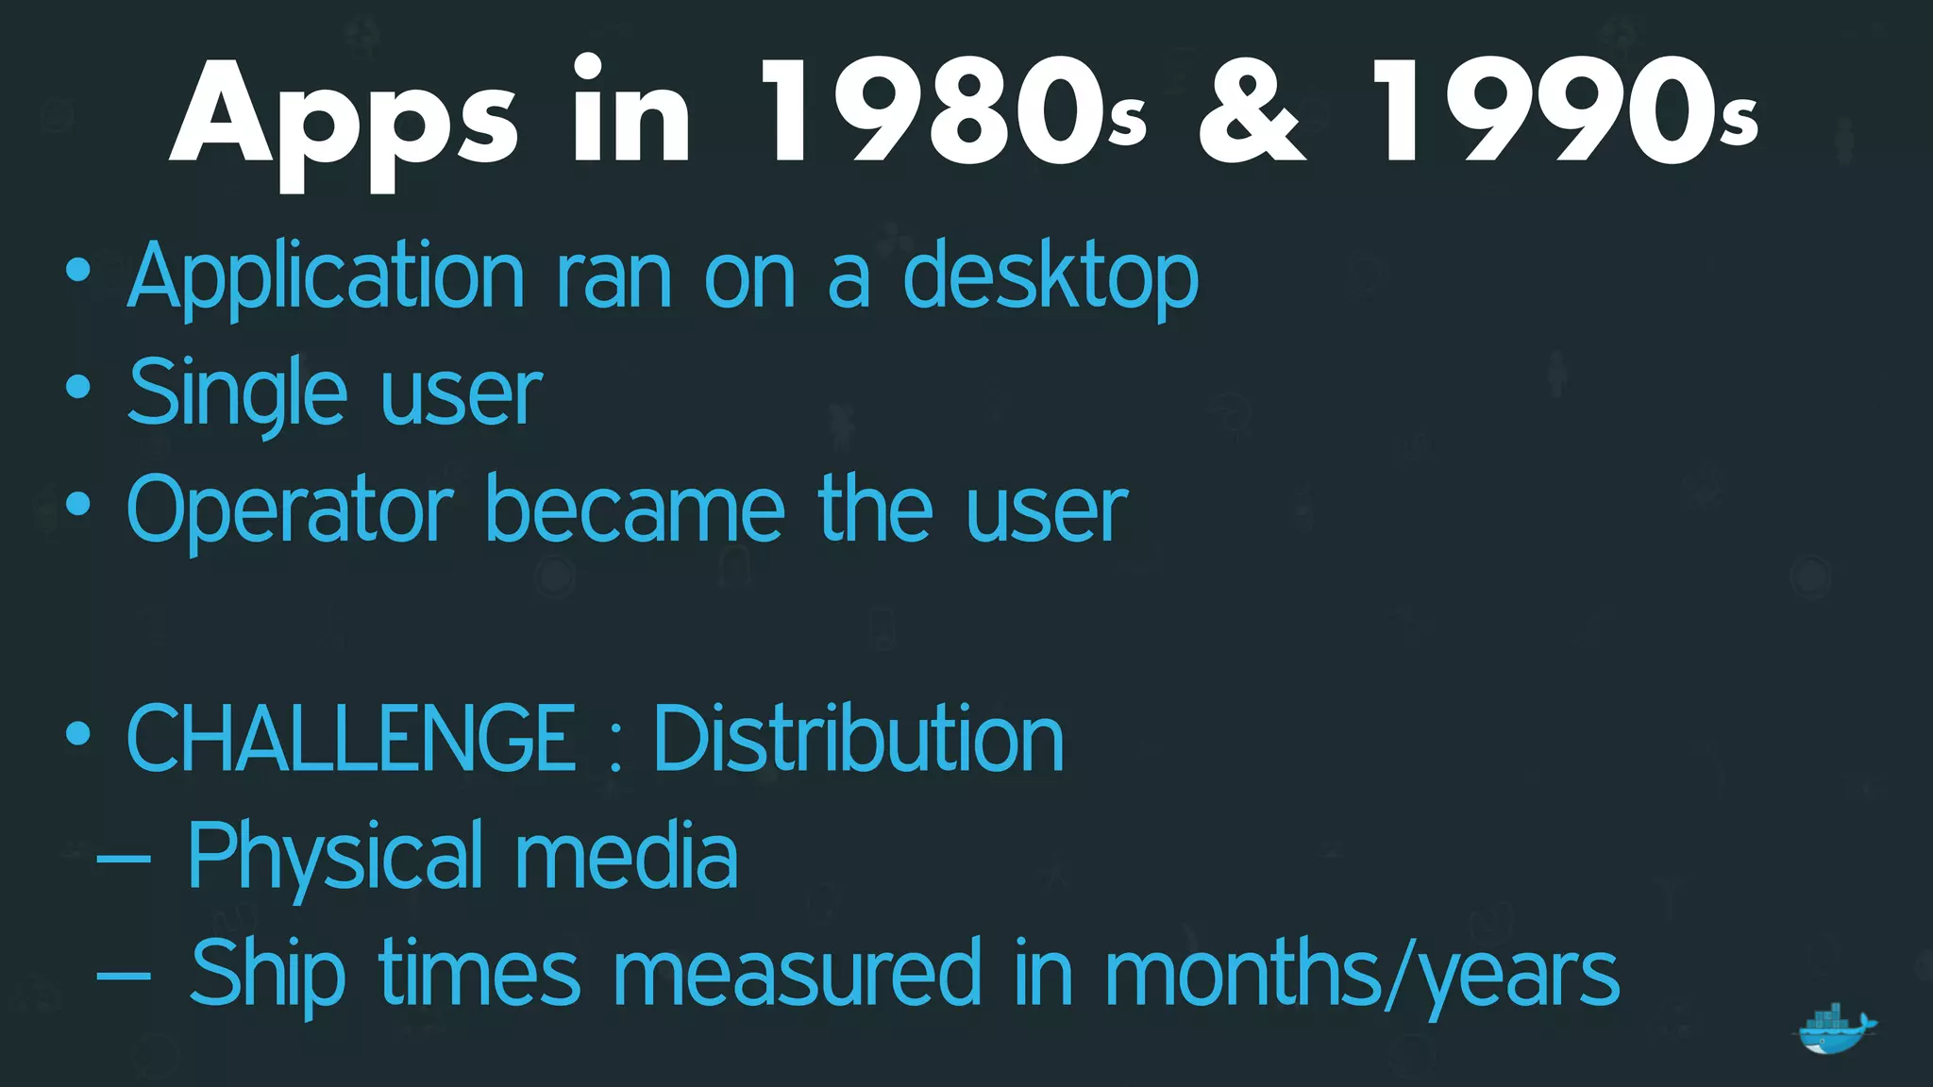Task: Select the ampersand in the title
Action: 1252,111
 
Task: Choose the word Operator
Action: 290,510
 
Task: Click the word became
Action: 634,510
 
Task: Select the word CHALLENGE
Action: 350,739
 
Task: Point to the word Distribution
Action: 858,739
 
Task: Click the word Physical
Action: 335,857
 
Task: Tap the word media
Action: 626,855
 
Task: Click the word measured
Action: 798,974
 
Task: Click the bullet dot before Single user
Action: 78,388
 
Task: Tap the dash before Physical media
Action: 124,858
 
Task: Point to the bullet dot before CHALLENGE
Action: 78,733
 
